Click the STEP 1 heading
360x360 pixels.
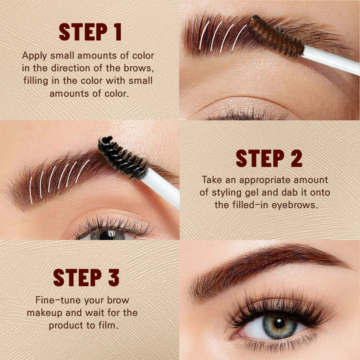point(90,32)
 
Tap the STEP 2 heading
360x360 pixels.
point(269,158)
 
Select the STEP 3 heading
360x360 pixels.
point(86,277)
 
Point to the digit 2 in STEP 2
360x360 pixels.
point(296,158)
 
